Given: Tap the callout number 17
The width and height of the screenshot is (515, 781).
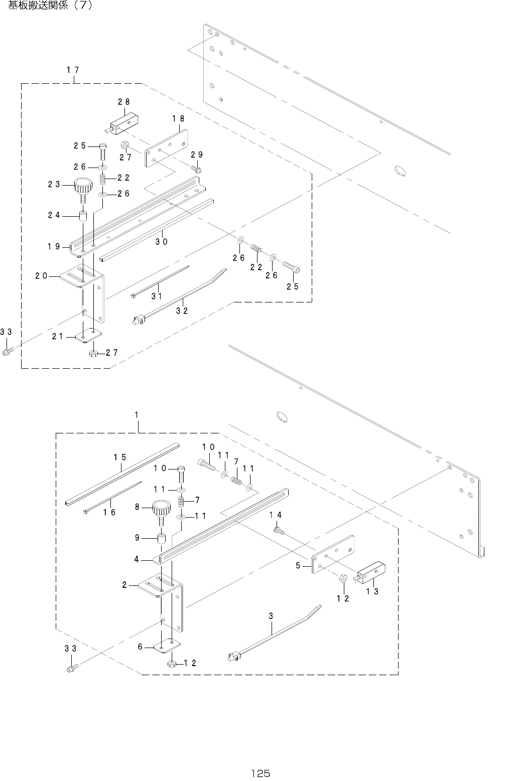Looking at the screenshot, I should tap(73, 70).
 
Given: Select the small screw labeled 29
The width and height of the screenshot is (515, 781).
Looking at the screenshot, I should tap(195, 169).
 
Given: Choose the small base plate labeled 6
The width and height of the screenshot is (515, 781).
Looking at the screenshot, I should tap(166, 647).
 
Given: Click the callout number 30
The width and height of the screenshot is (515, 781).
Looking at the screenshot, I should tap(161, 242).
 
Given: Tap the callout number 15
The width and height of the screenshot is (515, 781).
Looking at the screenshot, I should tap(119, 457).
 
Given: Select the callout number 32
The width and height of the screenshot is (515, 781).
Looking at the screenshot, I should tap(182, 310).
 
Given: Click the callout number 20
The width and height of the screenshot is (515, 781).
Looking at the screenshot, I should tap(42, 275).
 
